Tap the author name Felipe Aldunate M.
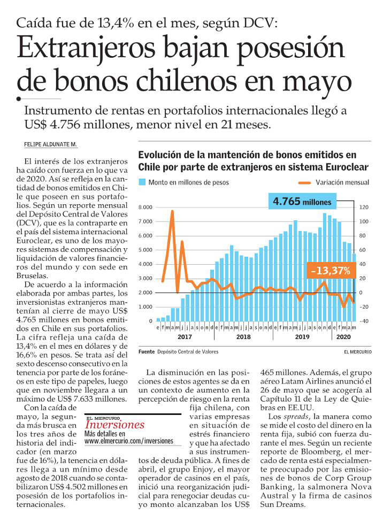coord(50,144)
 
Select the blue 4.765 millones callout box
coord(302,202)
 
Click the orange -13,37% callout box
coord(331,271)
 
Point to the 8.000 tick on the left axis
coord(145,207)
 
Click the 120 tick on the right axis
coord(364,207)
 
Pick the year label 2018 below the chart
coord(243,336)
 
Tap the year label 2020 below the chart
coord(343,336)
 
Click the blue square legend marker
coord(142,182)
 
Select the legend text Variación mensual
coord(342,182)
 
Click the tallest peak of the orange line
coord(172,211)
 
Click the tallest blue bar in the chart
coord(325,267)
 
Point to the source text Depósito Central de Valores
coord(188,351)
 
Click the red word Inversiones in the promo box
coord(114,425)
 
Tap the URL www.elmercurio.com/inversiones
coord(129,441)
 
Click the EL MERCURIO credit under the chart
coord(358,351)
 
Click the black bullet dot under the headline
coord(19,98)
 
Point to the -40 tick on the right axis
coord(363,321)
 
